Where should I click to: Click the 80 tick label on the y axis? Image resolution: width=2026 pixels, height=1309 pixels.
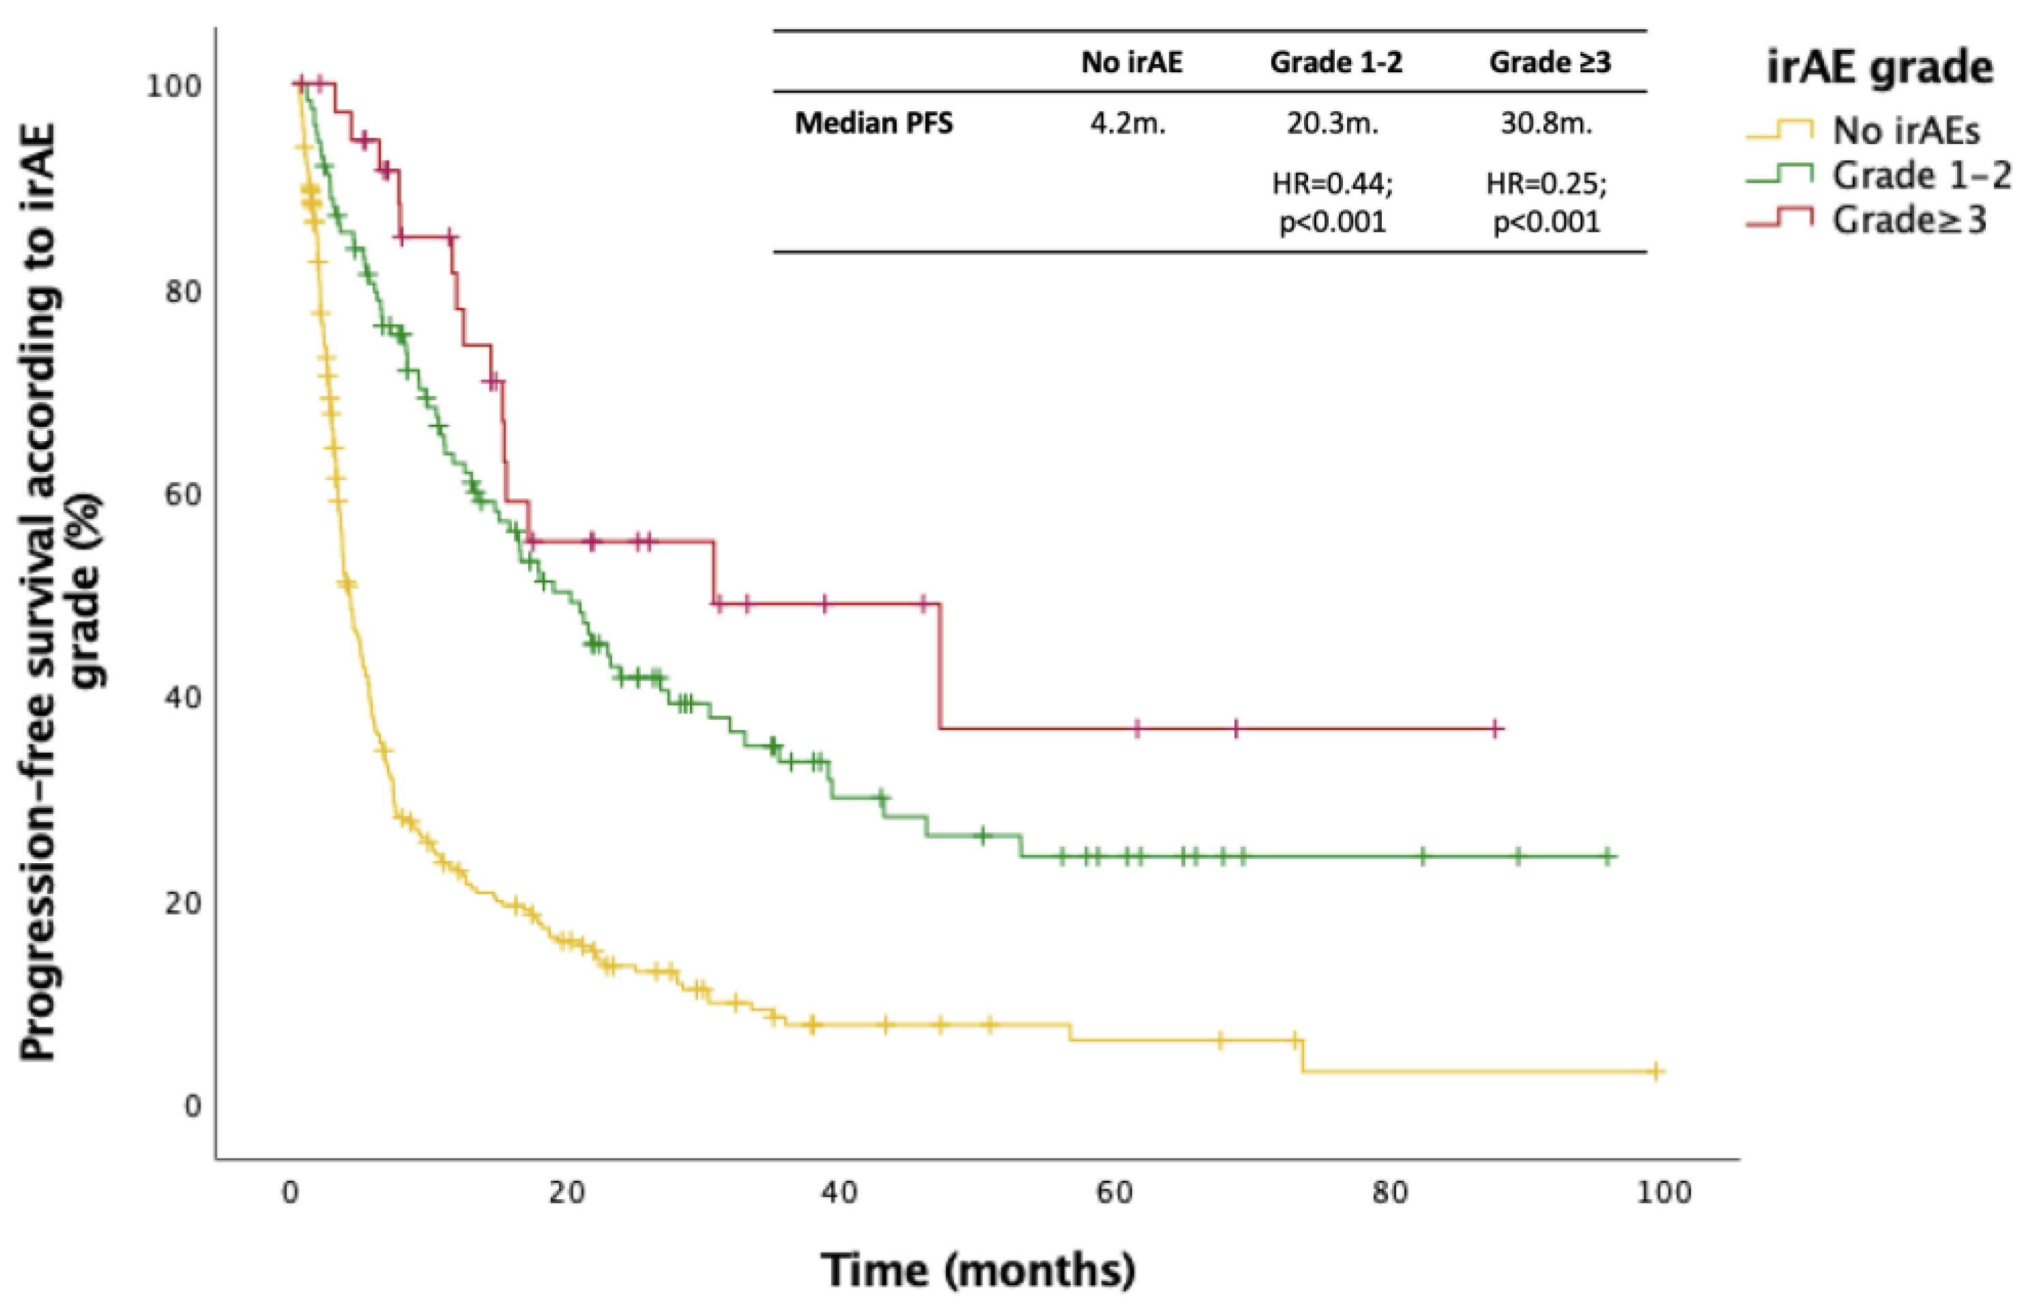coord(183,292)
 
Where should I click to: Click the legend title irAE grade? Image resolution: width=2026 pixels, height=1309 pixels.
coord(1879,66)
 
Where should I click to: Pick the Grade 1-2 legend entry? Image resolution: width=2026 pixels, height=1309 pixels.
coord(1920,176)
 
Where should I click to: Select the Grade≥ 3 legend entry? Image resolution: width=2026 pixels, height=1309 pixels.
coord(1909,220)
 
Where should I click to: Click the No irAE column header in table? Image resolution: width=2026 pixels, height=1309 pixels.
coord(1131,62)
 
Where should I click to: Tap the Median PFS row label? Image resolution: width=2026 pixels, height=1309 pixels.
coord(874,124)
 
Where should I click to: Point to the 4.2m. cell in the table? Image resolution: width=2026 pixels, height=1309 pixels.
coord(1128,124)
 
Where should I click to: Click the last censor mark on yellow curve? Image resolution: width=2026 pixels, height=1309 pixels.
coord(1654,1072)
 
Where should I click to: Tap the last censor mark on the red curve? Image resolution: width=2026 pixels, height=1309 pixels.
coord(1496,728)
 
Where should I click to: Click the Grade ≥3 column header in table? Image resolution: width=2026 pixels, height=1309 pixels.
coord(1550,62)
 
